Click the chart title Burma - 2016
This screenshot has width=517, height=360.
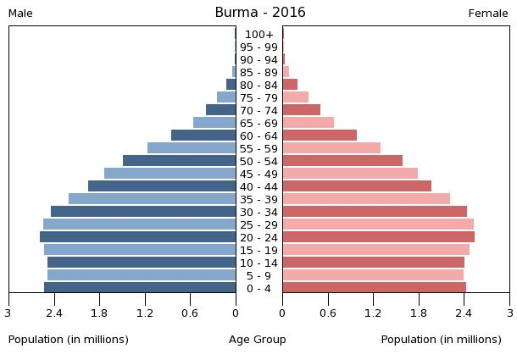259,13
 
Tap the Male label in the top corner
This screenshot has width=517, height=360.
20,14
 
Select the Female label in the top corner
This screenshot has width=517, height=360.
487,14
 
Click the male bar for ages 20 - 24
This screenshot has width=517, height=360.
137,237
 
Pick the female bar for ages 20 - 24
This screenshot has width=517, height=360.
378,237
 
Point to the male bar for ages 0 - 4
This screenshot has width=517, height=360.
140,288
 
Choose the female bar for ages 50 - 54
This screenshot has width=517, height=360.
342,161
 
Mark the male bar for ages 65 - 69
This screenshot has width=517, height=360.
214,123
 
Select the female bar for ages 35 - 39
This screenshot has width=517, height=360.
366,199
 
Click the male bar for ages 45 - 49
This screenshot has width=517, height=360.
170,174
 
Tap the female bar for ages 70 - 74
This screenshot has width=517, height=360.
301,110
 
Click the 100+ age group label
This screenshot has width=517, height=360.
258,35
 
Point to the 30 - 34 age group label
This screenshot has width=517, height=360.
258,212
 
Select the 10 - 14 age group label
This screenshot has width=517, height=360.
258,263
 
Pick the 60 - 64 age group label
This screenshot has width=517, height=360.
258,136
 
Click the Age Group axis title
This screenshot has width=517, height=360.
258,340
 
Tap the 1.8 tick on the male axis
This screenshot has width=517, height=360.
99,313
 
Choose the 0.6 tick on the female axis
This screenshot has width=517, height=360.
327,313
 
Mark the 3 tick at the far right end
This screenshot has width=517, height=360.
509,313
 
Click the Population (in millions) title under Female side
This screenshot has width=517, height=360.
441,340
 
